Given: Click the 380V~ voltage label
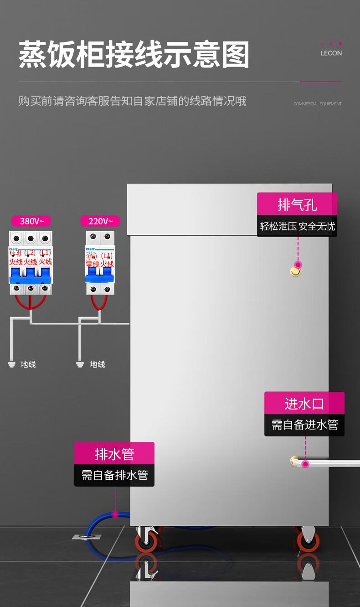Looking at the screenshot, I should (31, 221).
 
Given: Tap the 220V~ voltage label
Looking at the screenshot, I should (100, 221).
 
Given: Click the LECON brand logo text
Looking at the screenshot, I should (331, 53).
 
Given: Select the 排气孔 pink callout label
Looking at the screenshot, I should (297, 204).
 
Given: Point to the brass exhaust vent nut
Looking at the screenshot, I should (296, 272).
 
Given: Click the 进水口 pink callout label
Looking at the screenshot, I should (304, 403).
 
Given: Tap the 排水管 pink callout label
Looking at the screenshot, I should (114, 454).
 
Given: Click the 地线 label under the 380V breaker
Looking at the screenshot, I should (28, 364).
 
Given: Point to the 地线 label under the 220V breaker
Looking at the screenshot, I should (97, 364).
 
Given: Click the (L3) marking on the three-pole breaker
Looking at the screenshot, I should (16, 253).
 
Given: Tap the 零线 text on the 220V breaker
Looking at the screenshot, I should (93, 264).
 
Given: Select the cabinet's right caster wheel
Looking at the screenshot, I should (307, 540).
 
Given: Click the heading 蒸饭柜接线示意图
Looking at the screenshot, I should (134, 55).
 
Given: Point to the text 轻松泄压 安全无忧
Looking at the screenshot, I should (297, 226).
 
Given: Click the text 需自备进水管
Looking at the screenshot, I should (304, 425).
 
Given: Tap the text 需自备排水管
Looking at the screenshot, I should (114, 475).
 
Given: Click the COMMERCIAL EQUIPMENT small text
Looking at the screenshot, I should (317, 104).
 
